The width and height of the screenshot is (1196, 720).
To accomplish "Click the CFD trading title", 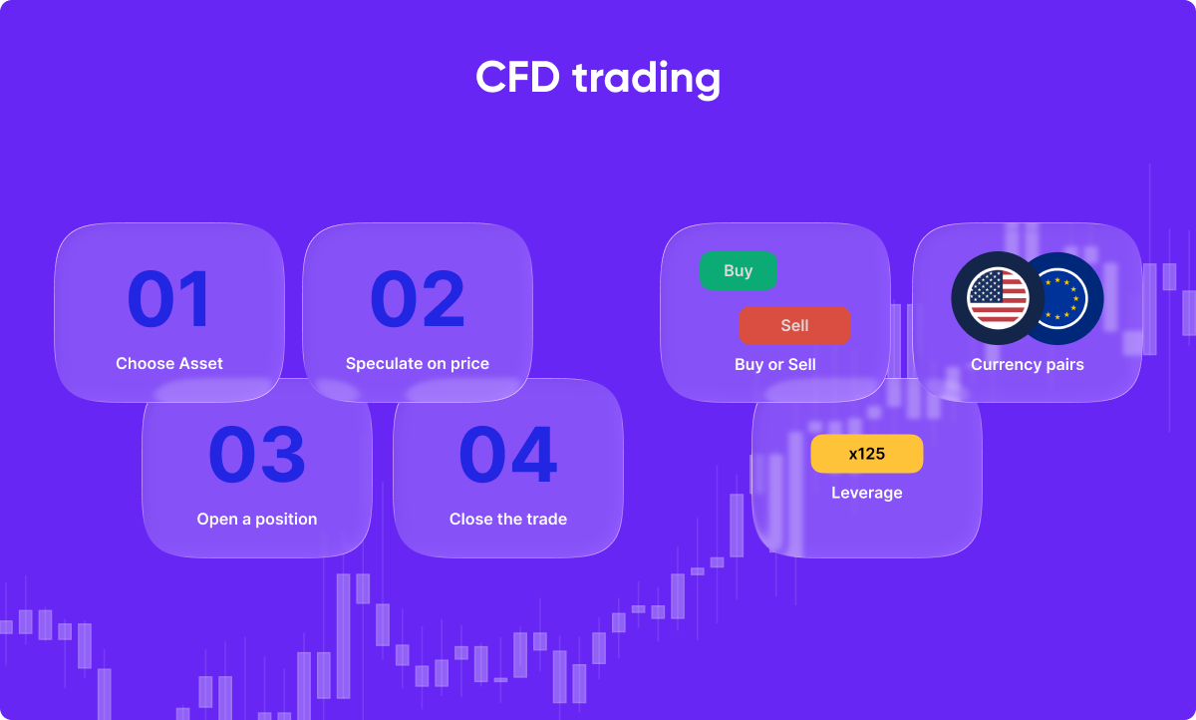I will (x=598, y=78).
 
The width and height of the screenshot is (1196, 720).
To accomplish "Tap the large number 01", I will (x=169, y=300).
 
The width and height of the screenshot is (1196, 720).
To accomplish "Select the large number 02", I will (x=418, y=300).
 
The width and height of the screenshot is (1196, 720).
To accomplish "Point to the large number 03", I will (x=257, y=455).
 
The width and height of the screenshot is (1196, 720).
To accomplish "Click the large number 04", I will (x=507, y=455).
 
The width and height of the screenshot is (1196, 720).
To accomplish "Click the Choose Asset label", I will (x=169, y=364).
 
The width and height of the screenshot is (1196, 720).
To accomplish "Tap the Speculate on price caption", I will (x=418, y=364).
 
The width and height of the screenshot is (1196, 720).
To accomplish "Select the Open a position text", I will (x=257, y=520).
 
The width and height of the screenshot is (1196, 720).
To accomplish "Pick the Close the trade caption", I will (x=508, y=520).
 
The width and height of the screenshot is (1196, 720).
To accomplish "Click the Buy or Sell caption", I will (x=774, y=365).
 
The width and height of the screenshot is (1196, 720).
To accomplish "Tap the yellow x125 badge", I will (x=867, y=454).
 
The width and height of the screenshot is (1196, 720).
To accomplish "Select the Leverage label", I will (x=867, y=493).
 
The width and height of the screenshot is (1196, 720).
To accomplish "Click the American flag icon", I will (x=997, y=297).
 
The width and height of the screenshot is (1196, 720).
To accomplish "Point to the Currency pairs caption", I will (x=1028, y=365).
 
